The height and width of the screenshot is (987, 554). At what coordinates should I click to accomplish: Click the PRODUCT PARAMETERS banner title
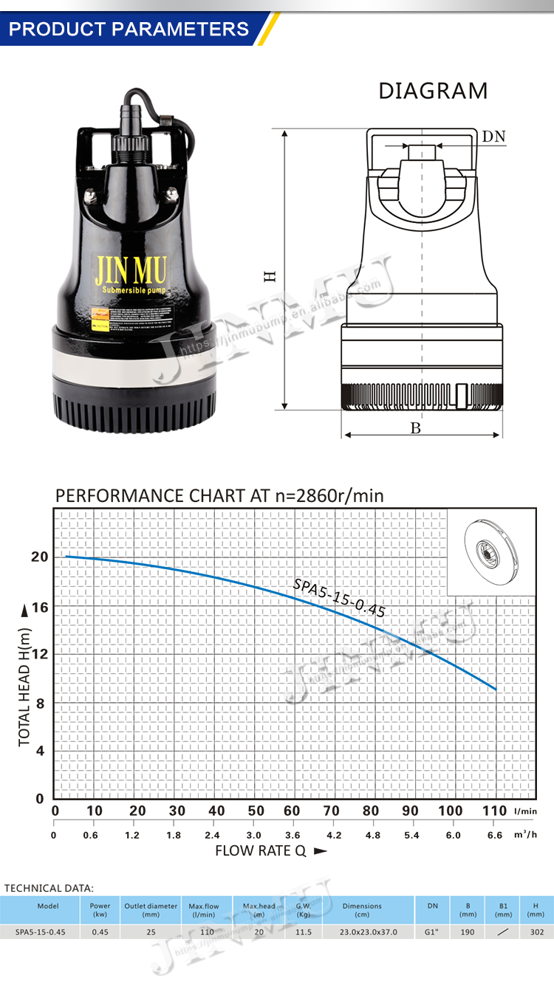click(129, 29)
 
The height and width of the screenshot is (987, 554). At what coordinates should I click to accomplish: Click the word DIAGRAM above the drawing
click(433, 91)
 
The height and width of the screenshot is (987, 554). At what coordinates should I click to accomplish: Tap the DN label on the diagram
click(493, 137)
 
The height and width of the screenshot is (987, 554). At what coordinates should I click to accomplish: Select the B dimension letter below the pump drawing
click(415, 428)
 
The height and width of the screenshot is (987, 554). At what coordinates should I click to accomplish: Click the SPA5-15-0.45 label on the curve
click(339, 596)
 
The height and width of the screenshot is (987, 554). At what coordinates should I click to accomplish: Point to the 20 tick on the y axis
click(38, 557)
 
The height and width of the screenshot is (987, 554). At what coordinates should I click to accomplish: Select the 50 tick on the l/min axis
click(256, 811)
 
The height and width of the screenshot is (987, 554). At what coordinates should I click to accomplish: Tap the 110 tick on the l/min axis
click(495, 811)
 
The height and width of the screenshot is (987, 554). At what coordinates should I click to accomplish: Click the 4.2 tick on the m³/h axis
click(334, 836)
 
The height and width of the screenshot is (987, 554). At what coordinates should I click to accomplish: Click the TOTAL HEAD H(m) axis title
click(24, 687)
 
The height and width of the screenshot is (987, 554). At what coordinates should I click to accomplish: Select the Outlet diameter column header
click(151, 910)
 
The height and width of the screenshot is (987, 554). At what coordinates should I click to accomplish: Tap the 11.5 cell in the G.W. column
click(304, 932)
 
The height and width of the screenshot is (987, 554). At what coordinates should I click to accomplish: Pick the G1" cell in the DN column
click(433, 932)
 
